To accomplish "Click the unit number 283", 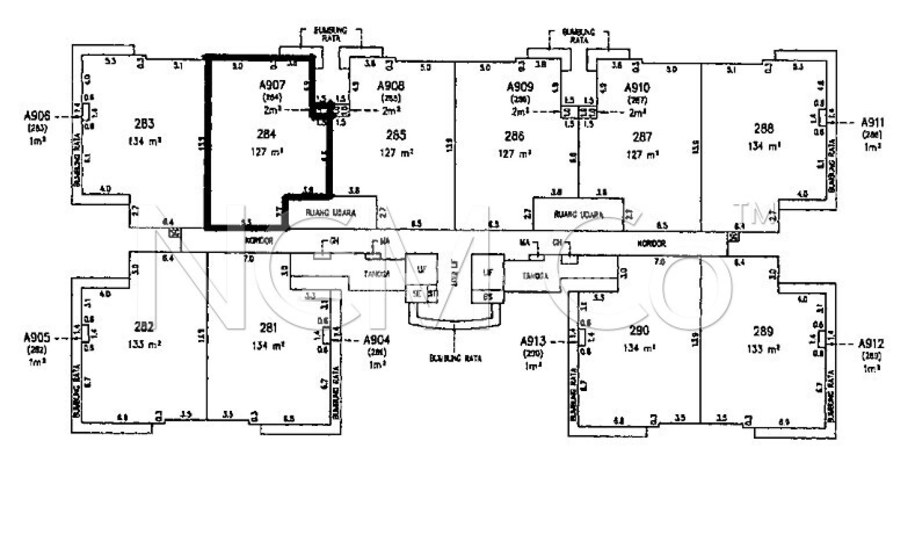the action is point(144,123).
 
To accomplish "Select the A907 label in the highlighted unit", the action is point(272,85).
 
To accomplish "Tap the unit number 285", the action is point(396,135).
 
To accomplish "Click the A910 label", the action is point(637,87).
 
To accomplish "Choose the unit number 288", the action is point(763,129).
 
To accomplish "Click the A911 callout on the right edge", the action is point(873,122).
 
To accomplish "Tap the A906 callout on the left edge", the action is point(37,117).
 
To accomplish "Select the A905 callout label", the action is point(37,338).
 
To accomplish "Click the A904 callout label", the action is point(377,341).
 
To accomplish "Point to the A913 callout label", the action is point(533,342).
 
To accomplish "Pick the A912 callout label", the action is point(871,344).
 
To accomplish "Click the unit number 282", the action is point(144,327).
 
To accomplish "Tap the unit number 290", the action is point(639,331).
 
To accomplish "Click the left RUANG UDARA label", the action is point(331,213).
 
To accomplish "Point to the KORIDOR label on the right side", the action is point(651,244).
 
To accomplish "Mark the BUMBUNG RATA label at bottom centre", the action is point(455,358).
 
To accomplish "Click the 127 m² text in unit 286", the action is point(514,154).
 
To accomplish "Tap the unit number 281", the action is point(268,328).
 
